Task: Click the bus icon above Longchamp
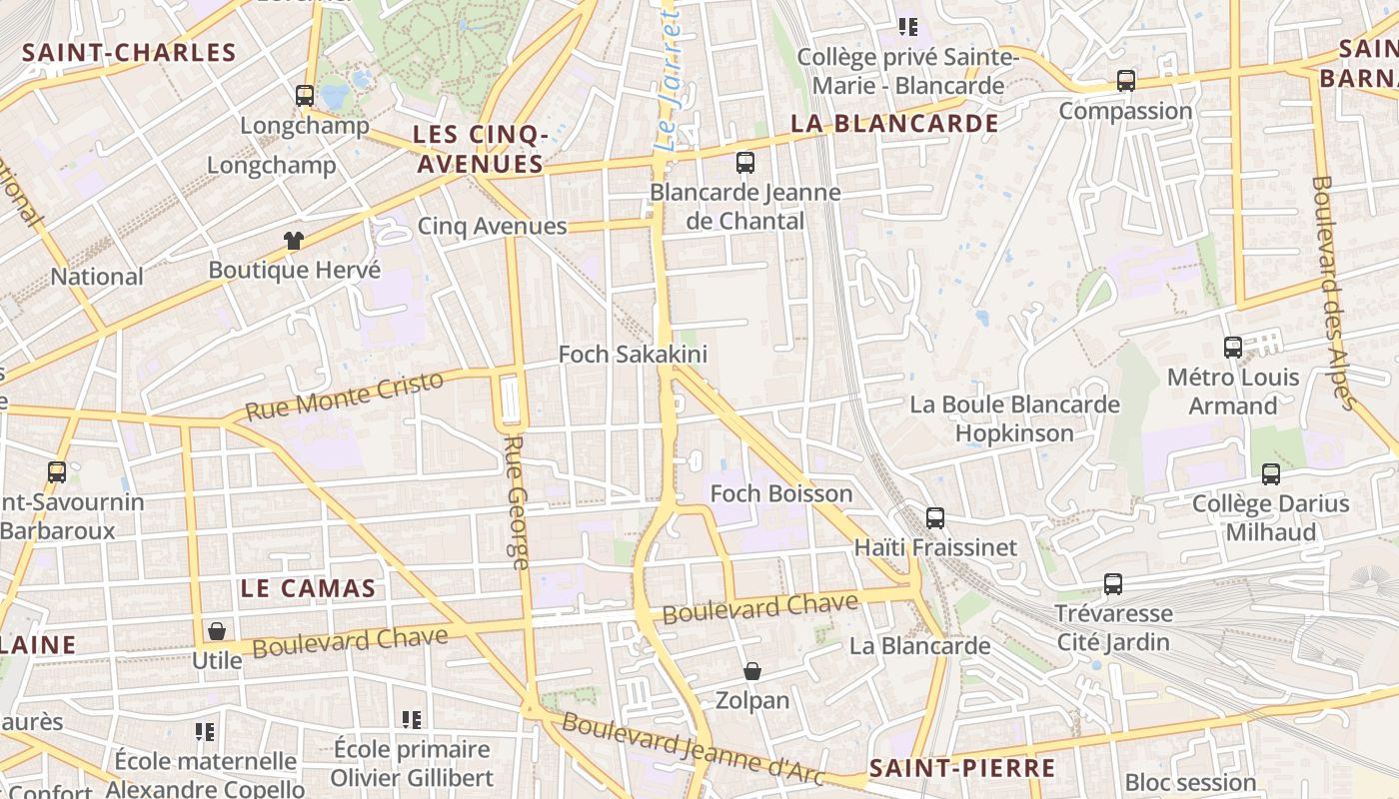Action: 305,96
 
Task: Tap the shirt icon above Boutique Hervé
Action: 293,240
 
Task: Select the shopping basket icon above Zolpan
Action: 752,671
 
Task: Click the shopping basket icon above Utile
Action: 216,631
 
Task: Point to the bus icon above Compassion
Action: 1126,81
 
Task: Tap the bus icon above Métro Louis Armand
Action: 1233,348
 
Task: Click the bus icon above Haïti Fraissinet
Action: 935,517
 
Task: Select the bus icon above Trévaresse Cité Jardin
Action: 1113,584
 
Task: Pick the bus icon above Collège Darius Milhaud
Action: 1271,474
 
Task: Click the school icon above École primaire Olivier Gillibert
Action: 411,719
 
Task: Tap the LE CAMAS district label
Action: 308,588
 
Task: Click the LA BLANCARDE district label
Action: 894,123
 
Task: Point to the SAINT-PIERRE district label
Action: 961,768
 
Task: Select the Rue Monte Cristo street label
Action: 344,396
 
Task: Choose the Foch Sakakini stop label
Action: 633,354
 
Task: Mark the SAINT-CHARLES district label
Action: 129,53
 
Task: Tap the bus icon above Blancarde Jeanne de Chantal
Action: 745,163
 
